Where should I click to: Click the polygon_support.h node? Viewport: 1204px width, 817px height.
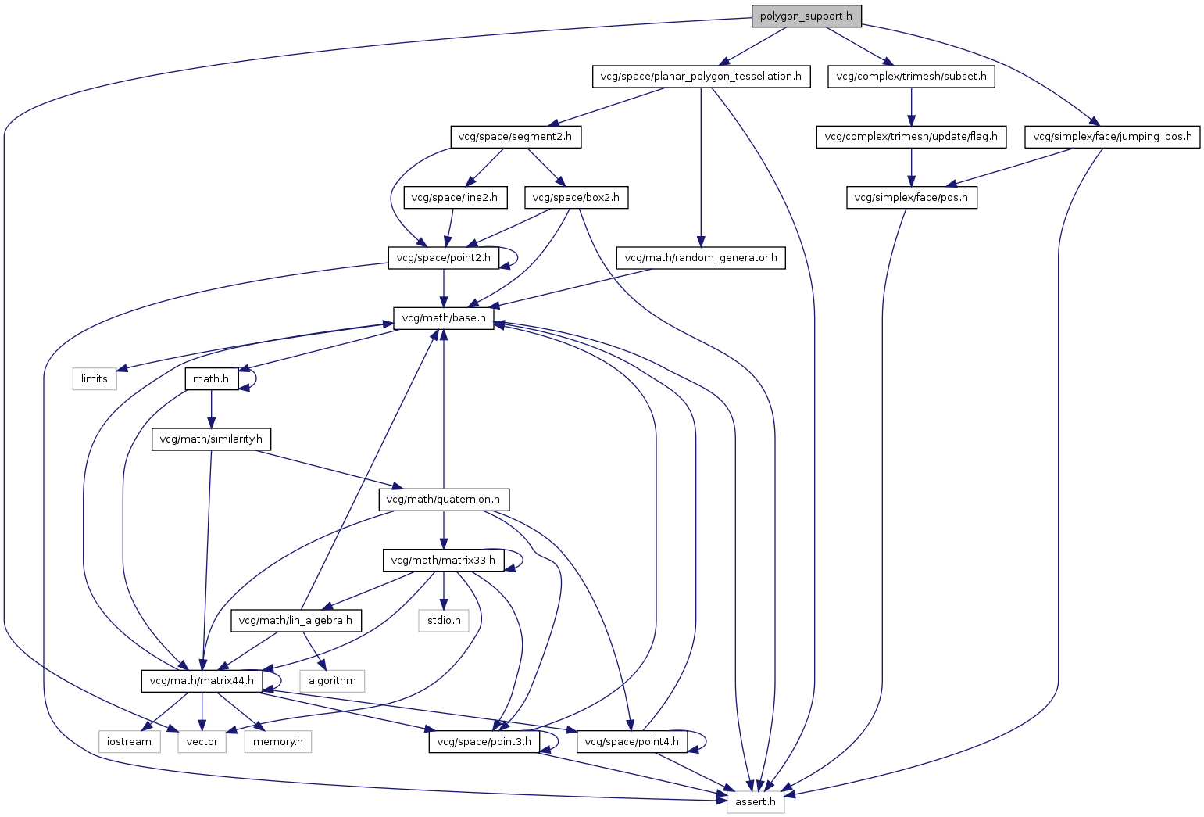(x=806, y=16)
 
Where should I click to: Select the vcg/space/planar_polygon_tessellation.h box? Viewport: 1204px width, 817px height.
(x=701, y=77)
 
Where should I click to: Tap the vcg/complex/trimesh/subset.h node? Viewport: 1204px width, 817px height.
(x=911, y=77)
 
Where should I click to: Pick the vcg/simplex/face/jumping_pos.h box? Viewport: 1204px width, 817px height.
(x=1112, y=137)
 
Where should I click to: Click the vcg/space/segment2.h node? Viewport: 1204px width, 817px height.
(x=516, y=137)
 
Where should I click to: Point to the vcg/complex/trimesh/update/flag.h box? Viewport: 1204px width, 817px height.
(x=911, y=137)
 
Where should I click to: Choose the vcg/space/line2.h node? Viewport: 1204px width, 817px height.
(x=455, y=197)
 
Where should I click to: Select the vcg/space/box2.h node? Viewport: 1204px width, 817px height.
(x=576, y=197)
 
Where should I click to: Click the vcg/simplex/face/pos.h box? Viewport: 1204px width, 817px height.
(x=912, y=197)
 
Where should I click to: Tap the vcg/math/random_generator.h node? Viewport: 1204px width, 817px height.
(x=701, y=258)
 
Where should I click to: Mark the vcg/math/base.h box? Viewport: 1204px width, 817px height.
(x=444, y=318)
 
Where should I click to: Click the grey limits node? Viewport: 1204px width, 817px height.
(x=95, y=378)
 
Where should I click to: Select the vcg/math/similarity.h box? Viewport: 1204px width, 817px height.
(x=211, y=439)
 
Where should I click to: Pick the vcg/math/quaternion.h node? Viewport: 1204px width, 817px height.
(x=444, y=499)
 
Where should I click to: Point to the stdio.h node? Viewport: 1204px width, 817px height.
(x=444, y=620)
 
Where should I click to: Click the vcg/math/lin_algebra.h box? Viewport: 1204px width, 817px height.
(x=295, y=620)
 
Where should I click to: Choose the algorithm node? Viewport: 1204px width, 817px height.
(x=332, y=680)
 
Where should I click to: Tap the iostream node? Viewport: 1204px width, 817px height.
(x=130, y=741)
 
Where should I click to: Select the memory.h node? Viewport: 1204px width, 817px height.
(x=278, y=741)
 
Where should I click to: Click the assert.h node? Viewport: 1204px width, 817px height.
(x=756, y=801)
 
